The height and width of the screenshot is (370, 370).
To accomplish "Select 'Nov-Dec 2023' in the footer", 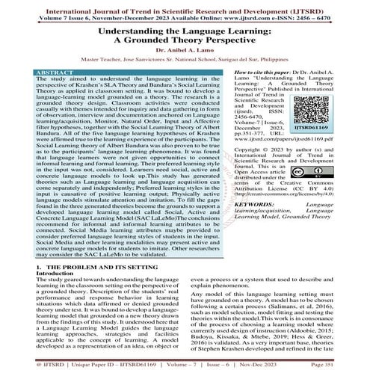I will (292, 363).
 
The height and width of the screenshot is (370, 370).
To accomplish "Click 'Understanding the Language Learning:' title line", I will (185, 28).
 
